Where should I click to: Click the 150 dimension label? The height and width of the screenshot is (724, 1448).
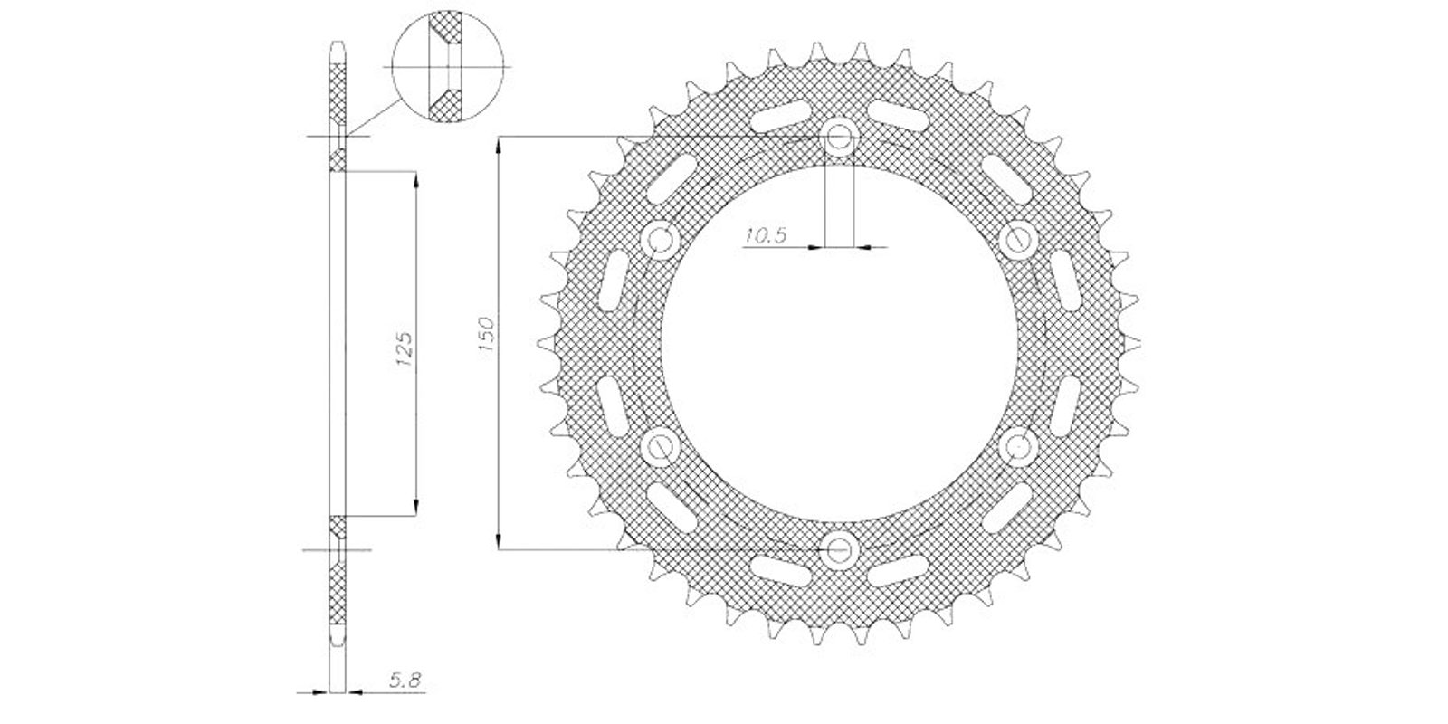tap(487, 334)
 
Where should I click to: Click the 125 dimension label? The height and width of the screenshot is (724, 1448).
tap(404, 349)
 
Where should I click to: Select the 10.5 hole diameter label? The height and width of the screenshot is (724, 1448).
tap(766, 235)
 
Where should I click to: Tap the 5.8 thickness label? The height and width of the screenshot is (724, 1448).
tap(405, 680)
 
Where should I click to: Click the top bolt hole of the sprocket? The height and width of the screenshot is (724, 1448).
tap(839, 137)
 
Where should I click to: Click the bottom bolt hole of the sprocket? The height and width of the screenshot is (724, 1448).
tap(839, 550)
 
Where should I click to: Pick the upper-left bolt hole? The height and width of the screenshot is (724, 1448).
tap(660, 241)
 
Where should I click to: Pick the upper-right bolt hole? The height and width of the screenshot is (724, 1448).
tap(1017, 241)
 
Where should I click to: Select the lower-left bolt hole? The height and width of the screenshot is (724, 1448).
tap(660, 447)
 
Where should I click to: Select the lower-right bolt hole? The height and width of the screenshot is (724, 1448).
tap(1017, 447)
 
